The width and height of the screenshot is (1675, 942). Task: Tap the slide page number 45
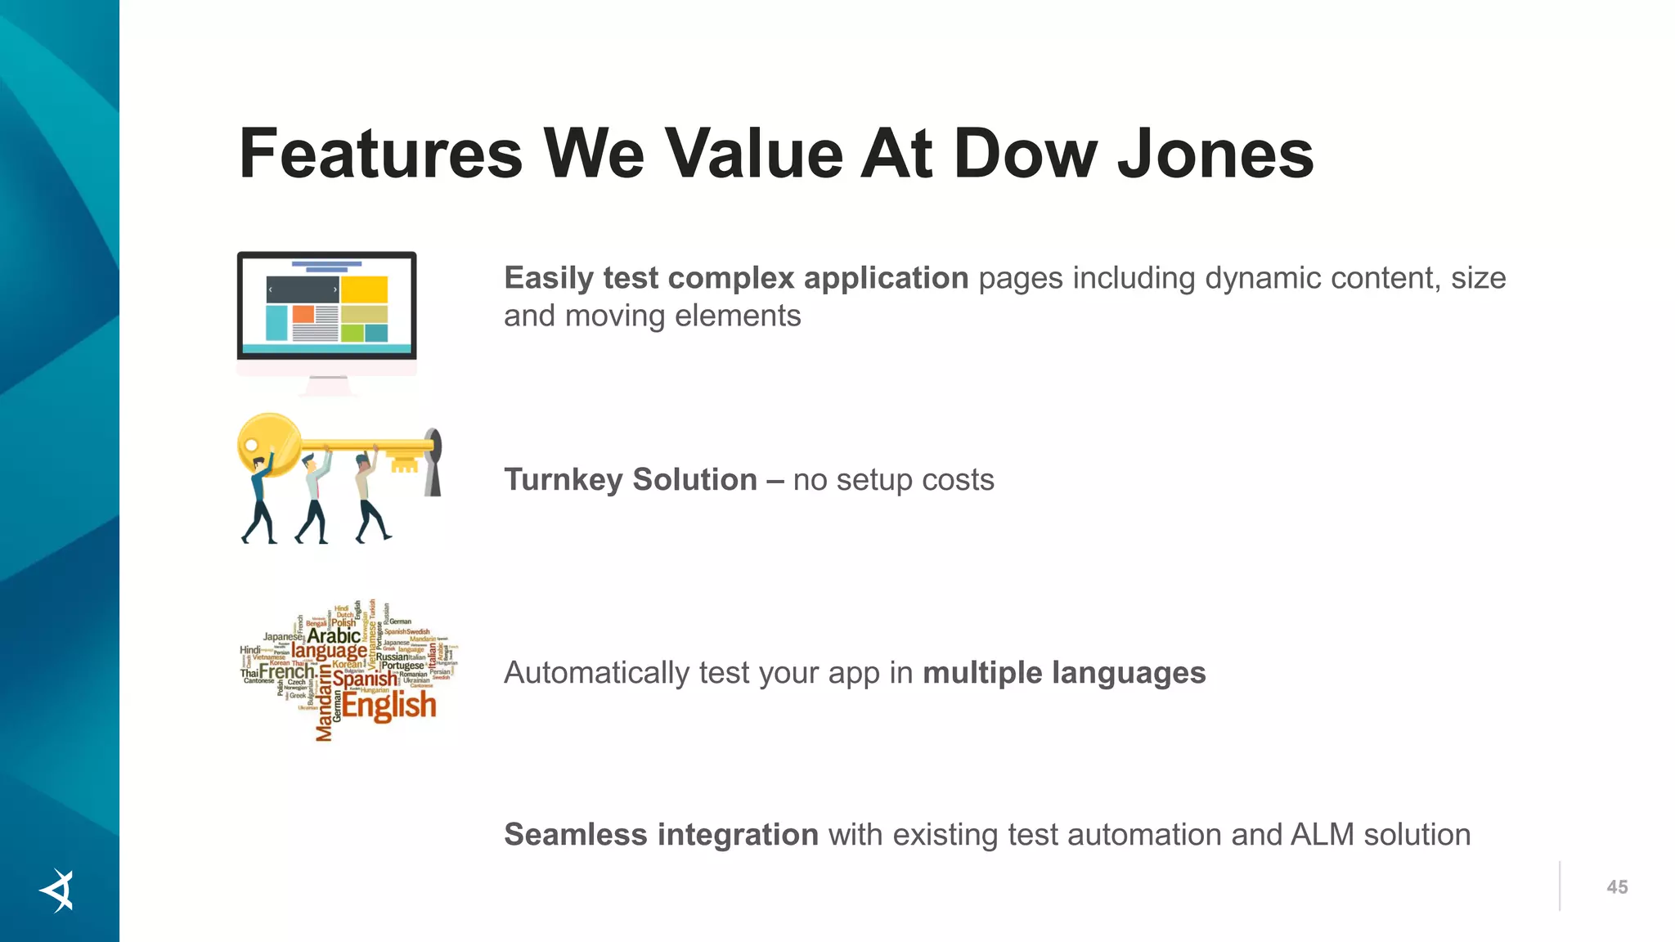coord(1617,887)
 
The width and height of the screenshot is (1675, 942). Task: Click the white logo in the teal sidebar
coord(58,890)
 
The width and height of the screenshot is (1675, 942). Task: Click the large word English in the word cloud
coord(388,705)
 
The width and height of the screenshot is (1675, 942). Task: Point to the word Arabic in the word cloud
coord(333,635)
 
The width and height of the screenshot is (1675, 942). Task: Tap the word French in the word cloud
coord(286,672)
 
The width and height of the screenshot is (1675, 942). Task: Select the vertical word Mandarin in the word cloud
coord(325,702)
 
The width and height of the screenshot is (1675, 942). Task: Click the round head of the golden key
coord(268,444)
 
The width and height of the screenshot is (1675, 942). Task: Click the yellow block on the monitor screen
coord(364,289)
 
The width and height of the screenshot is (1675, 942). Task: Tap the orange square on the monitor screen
coord(303,314)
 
